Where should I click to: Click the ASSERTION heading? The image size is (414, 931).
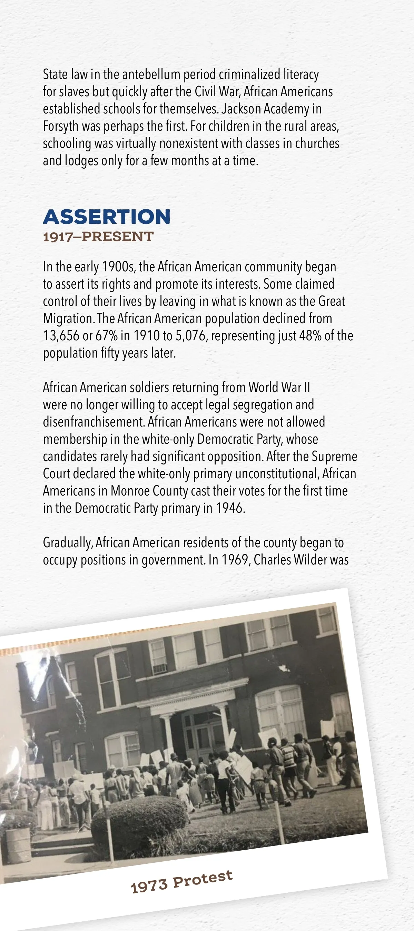[107, 217]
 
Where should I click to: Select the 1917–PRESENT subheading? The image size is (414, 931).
[98, 237]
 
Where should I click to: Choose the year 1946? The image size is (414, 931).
[229, 509]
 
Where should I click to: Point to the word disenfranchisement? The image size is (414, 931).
[93, 422]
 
